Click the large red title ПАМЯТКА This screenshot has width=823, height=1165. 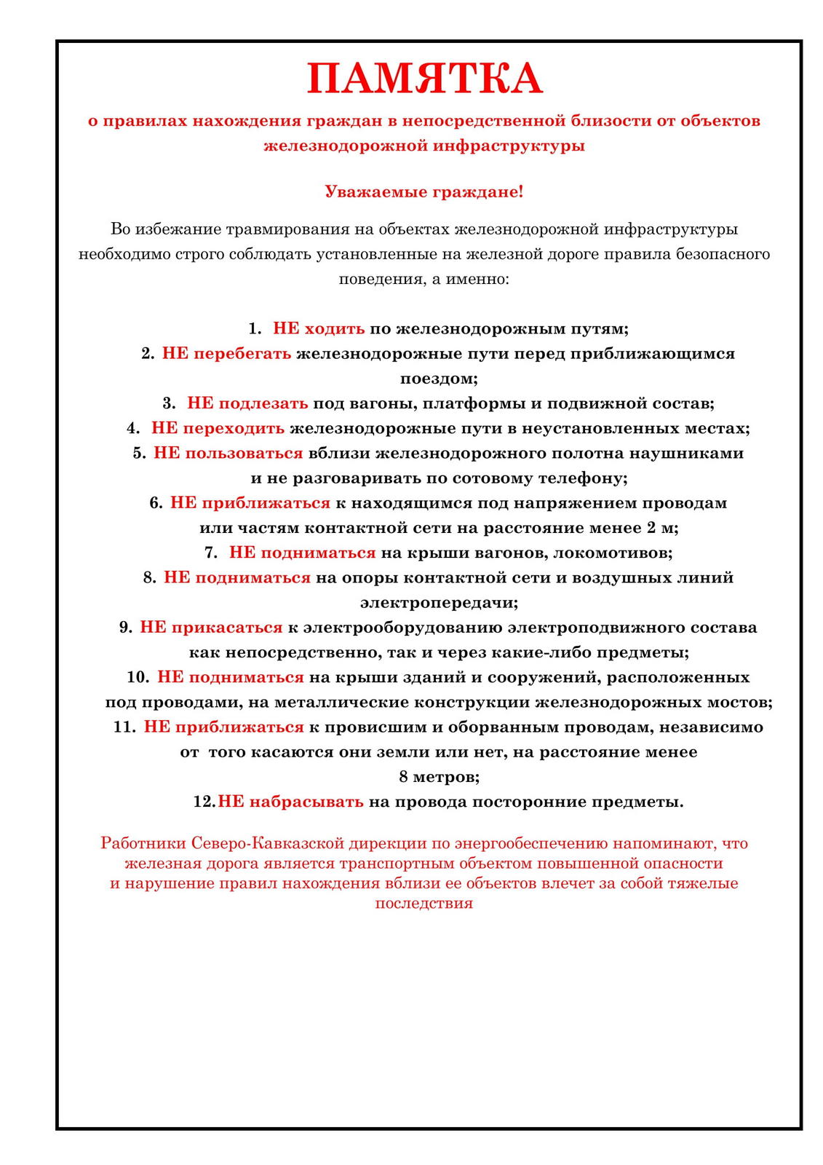pos(424,79)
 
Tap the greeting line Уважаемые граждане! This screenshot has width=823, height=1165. pos(424,192)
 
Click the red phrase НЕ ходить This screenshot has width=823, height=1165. pos(319,328)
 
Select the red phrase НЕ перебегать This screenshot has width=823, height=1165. pos(226,353)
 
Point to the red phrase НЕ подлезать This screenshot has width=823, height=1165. pos(247,403)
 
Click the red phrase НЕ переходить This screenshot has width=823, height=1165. pos(218,428)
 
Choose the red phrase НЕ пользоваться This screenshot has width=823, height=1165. pos(228,453)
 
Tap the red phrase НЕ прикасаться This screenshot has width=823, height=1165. pos(211,628)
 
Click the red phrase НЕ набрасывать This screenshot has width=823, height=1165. pos(290,802)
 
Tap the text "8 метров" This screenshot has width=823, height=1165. pos(439,777)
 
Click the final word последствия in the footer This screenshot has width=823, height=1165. pos(424,904)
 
